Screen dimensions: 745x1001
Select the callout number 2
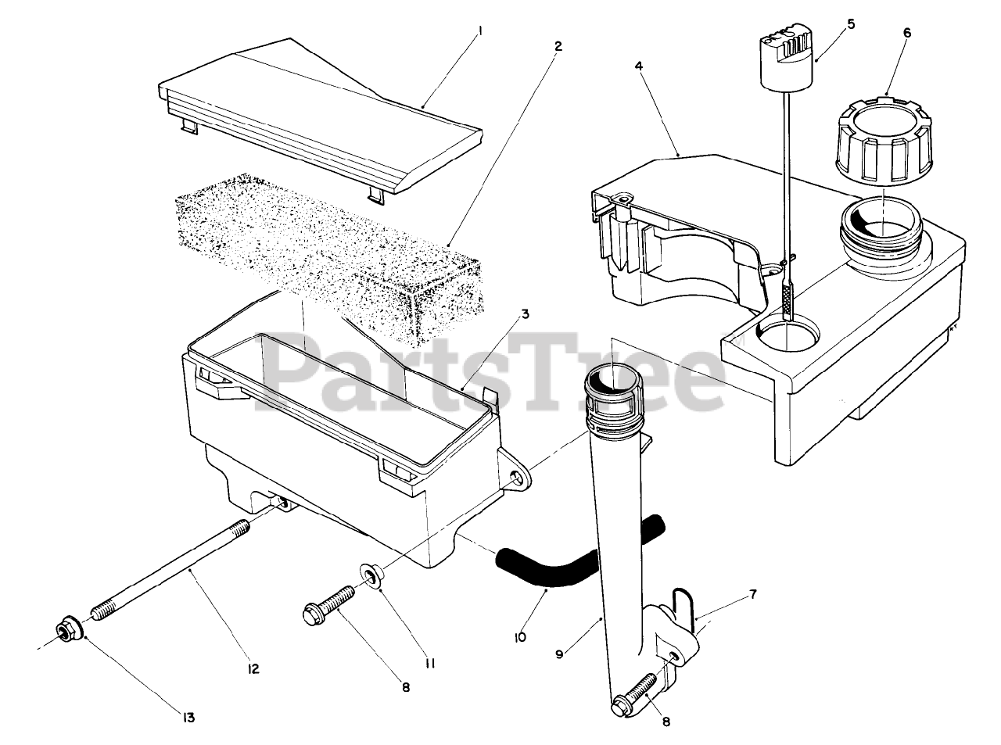coord(558,46)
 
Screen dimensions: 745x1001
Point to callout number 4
coord(639,67)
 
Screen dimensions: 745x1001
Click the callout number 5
coord(850,24)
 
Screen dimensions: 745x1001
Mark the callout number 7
coord(752,595)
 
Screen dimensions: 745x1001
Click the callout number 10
coord(520,637)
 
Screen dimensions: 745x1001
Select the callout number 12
coord(253,669)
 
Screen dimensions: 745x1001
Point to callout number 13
coord(188,718)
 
